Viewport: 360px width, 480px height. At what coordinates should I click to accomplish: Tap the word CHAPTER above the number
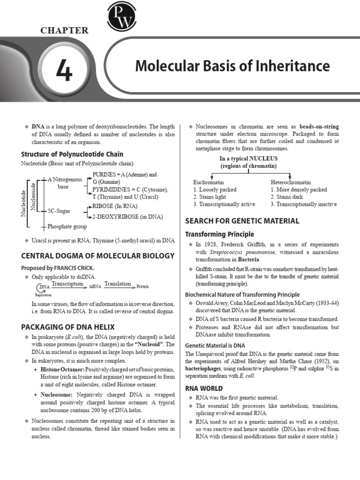tap(64, 31)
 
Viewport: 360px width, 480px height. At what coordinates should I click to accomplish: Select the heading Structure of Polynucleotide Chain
tap(72, 154)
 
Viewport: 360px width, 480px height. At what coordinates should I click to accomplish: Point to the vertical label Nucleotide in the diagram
tap(23, 203)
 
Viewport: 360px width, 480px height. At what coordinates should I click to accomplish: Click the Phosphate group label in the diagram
tap(67, 226)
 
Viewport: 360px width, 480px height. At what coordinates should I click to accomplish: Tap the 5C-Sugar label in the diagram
tap(59, 211)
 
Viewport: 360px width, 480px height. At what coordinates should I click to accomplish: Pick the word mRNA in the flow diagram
tap(95, 286)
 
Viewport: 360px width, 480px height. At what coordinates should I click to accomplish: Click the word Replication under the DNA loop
tap(43, 295)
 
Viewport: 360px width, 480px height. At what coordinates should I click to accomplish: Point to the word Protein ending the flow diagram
tap(143, 286)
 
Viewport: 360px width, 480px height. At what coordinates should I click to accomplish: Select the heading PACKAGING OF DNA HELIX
tap(67, 327)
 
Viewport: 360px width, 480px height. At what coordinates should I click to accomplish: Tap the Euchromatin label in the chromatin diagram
tap(209, 182)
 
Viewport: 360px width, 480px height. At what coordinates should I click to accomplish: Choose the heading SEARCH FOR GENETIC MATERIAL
tap(242, 221)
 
